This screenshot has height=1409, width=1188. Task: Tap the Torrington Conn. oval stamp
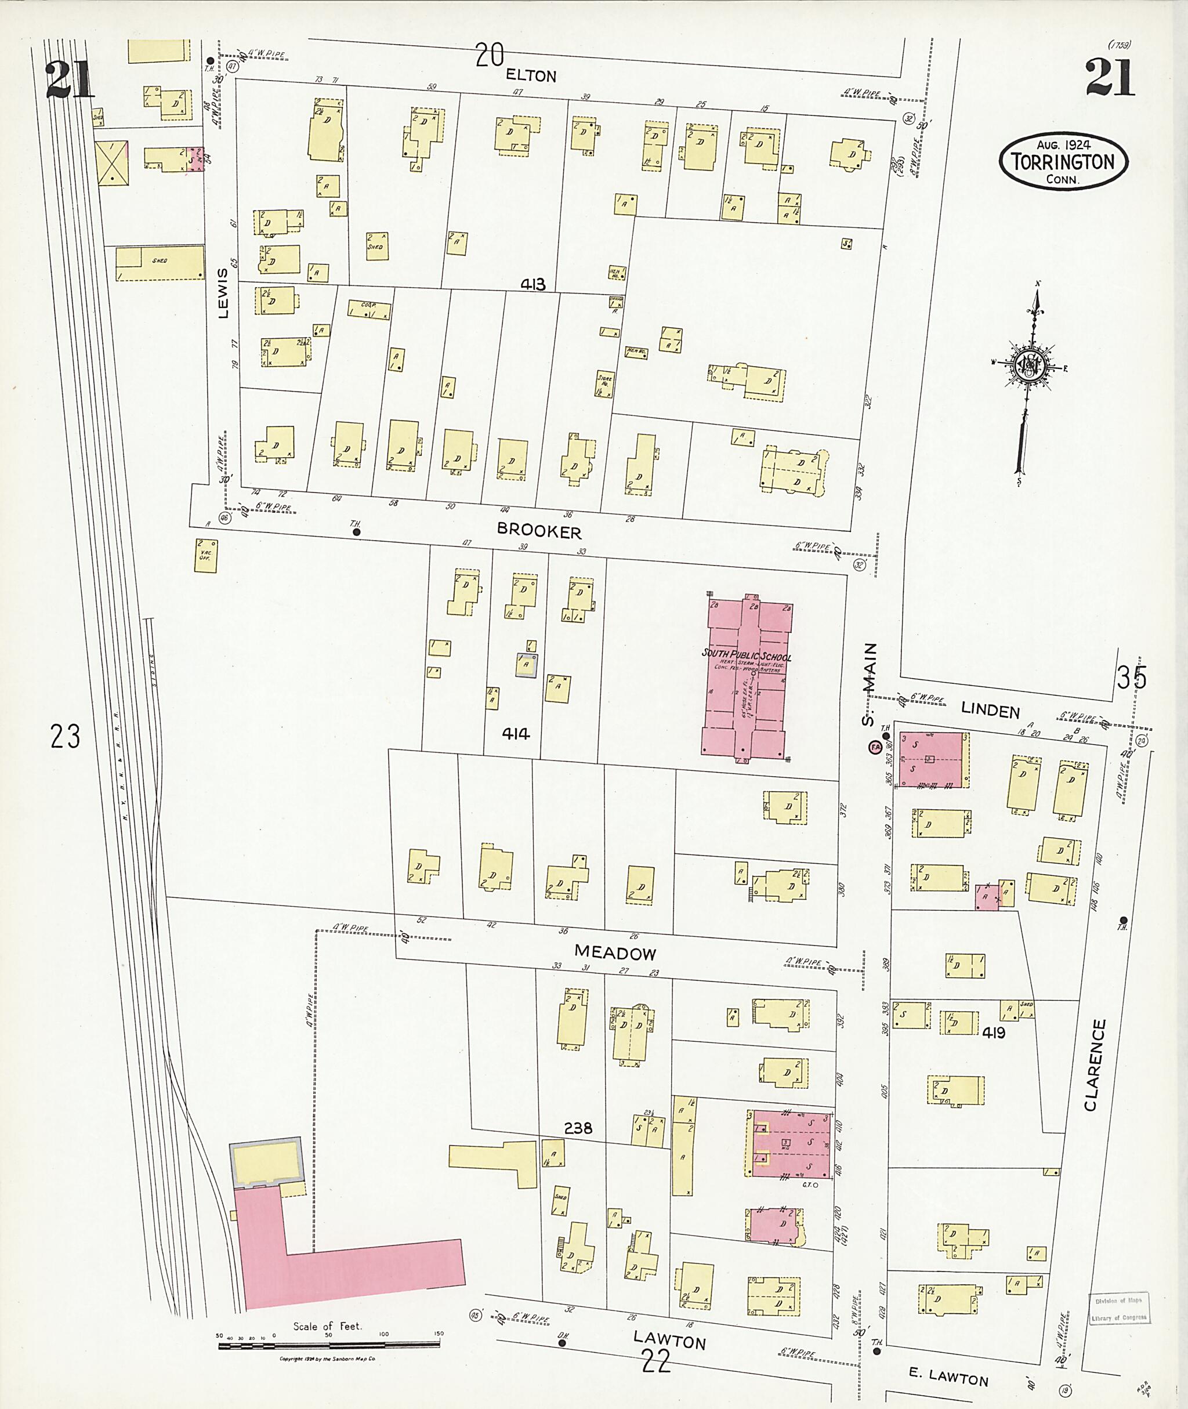tap(1063, 162)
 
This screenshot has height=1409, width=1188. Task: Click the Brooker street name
tap(539, 531)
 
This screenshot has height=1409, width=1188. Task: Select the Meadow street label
tap(615, 952)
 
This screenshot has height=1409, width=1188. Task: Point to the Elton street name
tap(531, 75)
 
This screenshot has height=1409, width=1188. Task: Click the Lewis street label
tap(223, 293)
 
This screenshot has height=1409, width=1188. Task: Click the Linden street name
tap(990, 711)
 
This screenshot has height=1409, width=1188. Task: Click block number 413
tap(532, 285)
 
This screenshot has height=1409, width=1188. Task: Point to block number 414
tap(515, 734)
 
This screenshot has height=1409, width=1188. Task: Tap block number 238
tap(578, 1128)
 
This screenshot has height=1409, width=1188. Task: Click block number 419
tap(993, 1033)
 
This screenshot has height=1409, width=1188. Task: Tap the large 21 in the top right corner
tap(1109, 79)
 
